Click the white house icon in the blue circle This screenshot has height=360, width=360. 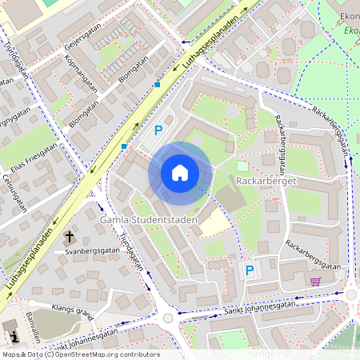180,173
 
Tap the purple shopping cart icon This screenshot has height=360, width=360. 315,281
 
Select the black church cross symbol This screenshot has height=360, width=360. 70,237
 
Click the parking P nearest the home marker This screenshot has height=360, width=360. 158,130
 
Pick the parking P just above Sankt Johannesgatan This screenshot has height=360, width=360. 250,270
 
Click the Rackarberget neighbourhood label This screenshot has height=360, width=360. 266,181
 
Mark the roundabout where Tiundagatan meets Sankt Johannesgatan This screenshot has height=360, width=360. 168,318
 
